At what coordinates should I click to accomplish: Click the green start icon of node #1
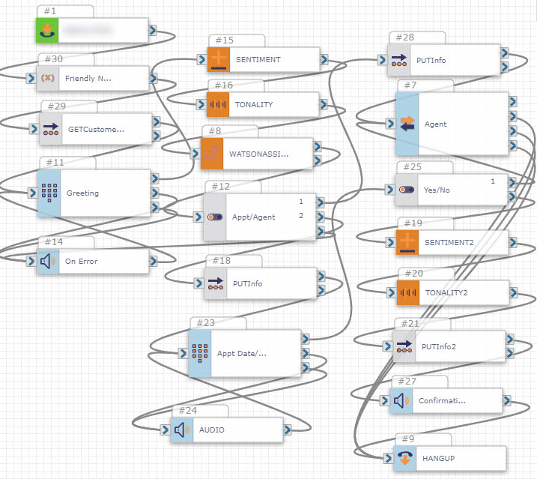pos(48,31)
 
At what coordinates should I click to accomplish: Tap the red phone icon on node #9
pos(404,457)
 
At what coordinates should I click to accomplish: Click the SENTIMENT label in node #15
pos(258,59)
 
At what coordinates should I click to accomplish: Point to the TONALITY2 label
pos(446,292)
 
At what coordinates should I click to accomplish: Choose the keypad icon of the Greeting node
pos(49,193)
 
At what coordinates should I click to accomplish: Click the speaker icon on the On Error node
pos(48,262)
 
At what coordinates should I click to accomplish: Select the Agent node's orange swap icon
pos(407,124)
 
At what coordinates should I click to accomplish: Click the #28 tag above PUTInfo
pos(404,37)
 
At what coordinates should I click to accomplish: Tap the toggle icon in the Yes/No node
pos(407,190)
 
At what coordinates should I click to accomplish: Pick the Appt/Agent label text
pos(254,217)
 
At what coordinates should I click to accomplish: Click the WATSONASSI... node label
pos(258,154)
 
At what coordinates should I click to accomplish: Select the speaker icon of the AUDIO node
pos(181,430)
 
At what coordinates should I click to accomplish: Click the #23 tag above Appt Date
pos(204,323)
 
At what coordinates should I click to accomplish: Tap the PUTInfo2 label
pos(438,346)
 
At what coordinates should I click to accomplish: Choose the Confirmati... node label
pos(442,400)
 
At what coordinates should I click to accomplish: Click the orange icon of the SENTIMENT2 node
pos(407,242)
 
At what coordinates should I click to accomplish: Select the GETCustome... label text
pos(96,129)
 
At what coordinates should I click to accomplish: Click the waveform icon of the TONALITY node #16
pos(218,105)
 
